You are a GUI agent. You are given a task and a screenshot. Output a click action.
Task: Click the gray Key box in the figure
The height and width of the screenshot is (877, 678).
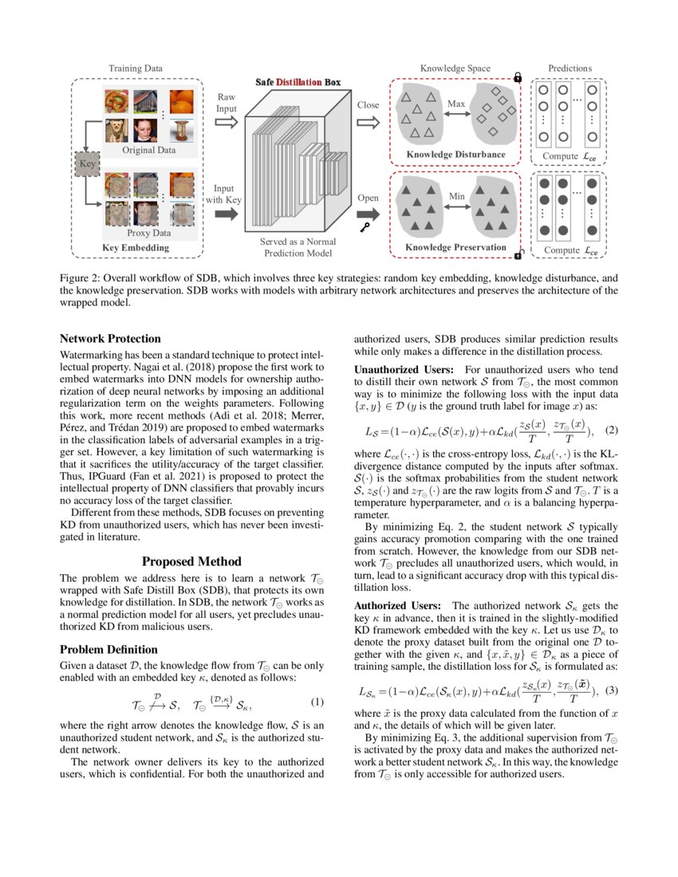[x=87, y=164]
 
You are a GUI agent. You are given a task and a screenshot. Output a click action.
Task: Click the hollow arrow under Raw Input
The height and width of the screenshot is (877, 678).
[x=226, y=122]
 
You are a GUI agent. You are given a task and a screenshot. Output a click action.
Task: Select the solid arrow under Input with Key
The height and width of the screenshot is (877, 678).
[x=226, y=214]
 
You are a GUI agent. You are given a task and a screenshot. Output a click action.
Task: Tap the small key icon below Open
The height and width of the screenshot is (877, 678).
[x=365, y=227]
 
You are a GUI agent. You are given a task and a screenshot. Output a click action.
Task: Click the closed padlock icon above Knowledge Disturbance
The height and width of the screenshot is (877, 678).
[x=518, y=78]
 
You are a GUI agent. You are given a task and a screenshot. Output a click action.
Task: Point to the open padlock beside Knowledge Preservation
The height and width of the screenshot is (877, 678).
[x=518, y=254]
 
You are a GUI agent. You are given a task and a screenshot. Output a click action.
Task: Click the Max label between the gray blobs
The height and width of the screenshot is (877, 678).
[x=456, y=104]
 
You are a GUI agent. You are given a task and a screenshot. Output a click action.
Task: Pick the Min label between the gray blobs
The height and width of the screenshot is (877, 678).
[x=456, y=196]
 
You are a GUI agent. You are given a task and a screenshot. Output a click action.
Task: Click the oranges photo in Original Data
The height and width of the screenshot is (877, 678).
[x=182, y=102]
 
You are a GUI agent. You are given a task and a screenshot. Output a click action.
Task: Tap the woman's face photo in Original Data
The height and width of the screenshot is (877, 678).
[x=145, y=130]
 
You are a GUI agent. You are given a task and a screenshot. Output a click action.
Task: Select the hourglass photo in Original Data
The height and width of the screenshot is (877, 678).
[x=182, y=130]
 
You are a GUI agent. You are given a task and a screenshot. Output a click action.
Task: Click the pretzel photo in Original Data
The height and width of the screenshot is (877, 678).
[x=116, y=102]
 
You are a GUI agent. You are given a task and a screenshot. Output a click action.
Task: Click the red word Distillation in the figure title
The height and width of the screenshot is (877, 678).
[x=299, y=82]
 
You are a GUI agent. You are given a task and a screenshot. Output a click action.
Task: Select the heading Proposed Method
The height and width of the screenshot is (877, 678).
[x=191, y=561]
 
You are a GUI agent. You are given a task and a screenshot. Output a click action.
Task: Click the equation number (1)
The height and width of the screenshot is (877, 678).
[x=317, y=702]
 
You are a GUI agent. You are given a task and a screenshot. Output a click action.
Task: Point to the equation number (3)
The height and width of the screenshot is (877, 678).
[x=612, y=690]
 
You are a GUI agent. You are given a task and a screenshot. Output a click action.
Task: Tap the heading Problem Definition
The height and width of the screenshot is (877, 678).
[x=108, y=650]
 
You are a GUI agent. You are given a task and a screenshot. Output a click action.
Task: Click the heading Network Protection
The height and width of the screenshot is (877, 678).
[x=110, y=339]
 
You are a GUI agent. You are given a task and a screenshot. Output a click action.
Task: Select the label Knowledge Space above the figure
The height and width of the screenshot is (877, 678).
[x=455, y=69]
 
